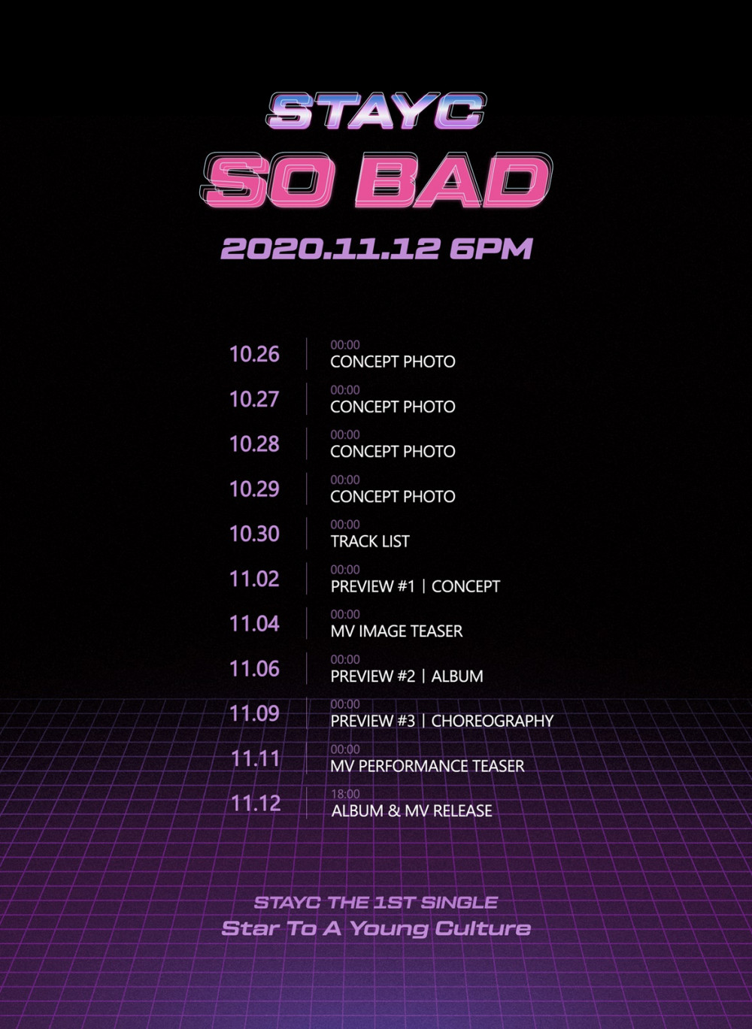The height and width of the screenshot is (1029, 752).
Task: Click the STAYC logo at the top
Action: point(376,110)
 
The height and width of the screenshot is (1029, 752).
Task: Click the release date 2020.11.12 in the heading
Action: point(330,249)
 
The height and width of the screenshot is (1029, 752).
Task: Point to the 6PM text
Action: point(491,249)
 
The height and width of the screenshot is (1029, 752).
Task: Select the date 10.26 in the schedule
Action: point(254,354)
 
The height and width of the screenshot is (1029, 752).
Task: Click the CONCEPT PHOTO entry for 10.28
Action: point(393,452)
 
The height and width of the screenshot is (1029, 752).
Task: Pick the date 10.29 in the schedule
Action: point(254,489)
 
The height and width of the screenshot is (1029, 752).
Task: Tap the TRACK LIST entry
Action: point(369,542)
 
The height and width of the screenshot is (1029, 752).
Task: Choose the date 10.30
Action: point(254,534)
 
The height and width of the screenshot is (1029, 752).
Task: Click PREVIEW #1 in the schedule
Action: point(372,586)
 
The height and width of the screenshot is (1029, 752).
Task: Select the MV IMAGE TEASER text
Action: point(396,631)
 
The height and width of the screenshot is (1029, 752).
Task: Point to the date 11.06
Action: point(254,669)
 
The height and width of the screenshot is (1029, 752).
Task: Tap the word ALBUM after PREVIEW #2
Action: point(457,676)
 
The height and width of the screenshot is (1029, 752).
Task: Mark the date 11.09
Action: point(254,713)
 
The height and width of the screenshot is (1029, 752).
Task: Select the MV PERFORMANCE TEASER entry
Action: point(427,766)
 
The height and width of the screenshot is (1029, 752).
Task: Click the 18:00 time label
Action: point(345,794)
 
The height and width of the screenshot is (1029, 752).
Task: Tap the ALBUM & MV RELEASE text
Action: point(411,811)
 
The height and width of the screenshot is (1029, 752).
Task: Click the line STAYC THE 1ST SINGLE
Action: point(375,903)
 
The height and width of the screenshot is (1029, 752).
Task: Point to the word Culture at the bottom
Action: point(483,928)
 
